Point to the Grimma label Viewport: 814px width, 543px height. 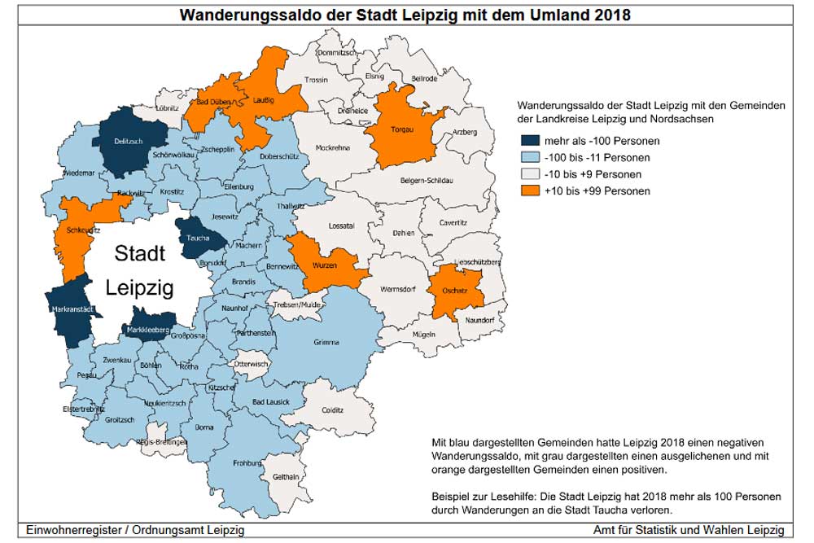coord(326,343)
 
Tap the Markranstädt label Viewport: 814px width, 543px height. coord(68,309)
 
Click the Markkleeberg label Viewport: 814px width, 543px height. coord(147,330)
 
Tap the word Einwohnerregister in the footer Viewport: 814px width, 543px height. coord(75,530)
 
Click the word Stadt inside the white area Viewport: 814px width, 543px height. coord(139,253)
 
